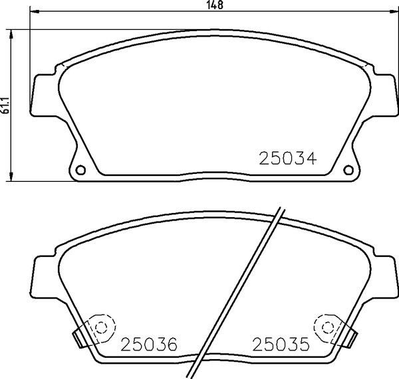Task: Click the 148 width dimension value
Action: (215, 5)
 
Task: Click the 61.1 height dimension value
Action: (5, 105)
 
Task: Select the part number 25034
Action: (287, 159)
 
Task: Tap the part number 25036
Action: (149, 344)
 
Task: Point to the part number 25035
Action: (281, 344)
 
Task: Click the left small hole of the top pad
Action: (80, 170)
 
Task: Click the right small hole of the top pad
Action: (348, 170)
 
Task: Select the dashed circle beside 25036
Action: (101, 327)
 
